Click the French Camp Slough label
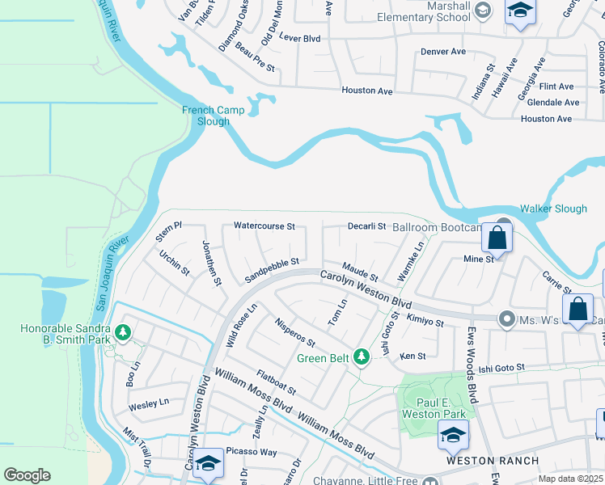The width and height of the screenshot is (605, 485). (x=205, y=116)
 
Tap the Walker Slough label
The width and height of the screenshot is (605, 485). (x=553, y=209)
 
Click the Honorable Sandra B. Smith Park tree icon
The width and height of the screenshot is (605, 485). (x=122, y=331)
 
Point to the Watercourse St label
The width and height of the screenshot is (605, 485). (x=264, y=226)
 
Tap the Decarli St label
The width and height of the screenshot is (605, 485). (x=366, y=226)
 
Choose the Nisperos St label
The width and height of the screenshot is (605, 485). (x=294, y=335)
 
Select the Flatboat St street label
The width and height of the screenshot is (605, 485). (x=276, y=383)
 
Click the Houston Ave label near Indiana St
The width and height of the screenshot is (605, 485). (x=367, y=91)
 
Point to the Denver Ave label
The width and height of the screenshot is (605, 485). (x=443, y=52)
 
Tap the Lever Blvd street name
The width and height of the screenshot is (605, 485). (x=299, y=38)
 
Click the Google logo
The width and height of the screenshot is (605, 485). (x=27, y=475)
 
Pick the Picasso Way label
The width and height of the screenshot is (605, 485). (x=251, y=452)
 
